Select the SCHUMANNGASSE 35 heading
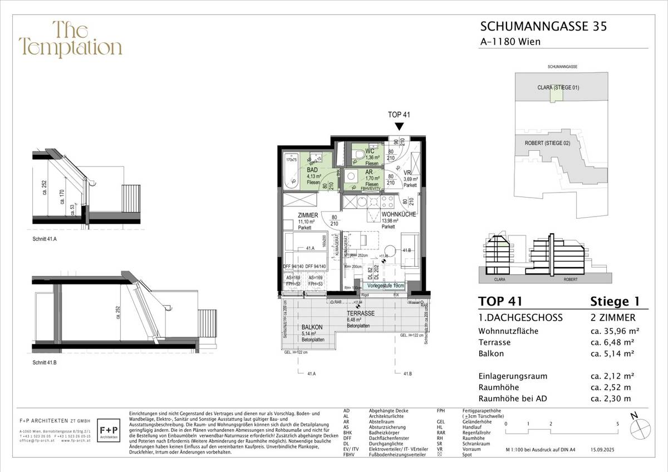click(543, 26)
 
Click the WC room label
click(370, 151)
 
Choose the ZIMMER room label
click(308, 215)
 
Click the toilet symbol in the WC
click(359, 153)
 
